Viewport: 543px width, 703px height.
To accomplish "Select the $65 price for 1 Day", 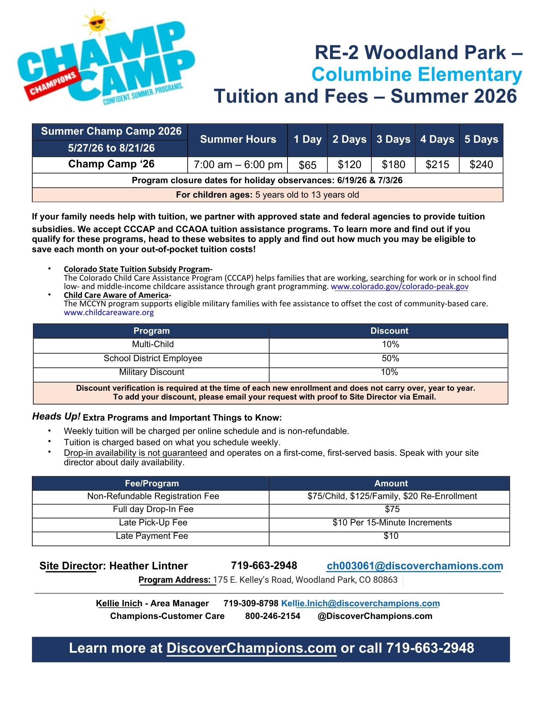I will point(307,165).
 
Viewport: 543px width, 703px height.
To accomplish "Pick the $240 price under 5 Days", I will point(481,165).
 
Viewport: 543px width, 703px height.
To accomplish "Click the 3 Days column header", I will point(393,140).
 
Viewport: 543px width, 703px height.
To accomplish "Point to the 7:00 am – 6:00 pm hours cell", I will point(238,165).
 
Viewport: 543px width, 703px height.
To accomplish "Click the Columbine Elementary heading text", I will point(416,75).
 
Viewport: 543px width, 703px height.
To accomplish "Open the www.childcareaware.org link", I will point(109,312).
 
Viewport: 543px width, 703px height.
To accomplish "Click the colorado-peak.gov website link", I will point(400,287).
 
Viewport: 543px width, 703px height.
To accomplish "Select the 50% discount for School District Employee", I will point(390,358).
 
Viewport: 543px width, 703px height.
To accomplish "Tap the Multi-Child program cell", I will point(153,344).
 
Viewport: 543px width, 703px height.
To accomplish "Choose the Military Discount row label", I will point(151,372).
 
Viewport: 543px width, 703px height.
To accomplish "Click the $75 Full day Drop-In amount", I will point(392,509).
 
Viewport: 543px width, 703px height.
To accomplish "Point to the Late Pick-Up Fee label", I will point(153,523).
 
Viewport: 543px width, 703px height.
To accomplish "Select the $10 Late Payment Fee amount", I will point(391,536).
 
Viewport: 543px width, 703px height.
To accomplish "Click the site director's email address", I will point(415,566).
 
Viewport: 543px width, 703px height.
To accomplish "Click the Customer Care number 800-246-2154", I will point(273,616).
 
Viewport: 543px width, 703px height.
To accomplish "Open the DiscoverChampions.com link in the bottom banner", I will point(251,648).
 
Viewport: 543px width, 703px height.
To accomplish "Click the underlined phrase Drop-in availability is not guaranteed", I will point(135,453).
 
